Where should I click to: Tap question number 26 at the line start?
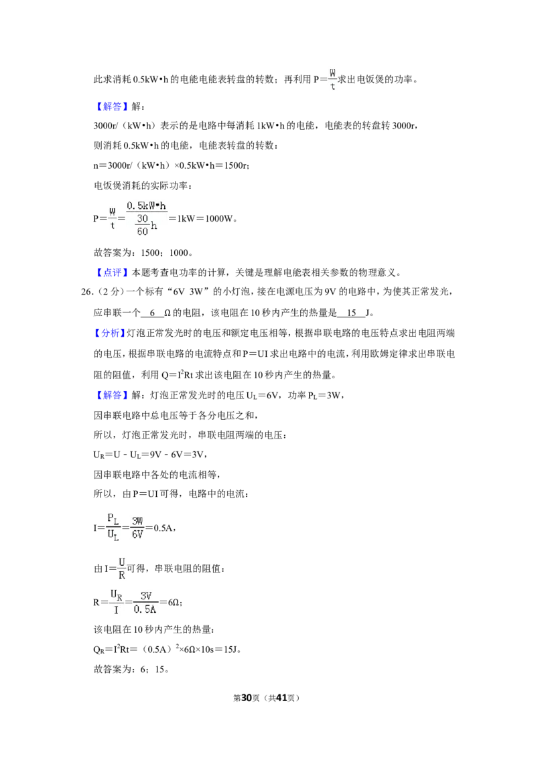pyautogui.click(x=86, y=292)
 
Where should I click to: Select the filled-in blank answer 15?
pyautogui.click(x=352, y=313)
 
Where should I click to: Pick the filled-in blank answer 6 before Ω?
pyautogui.click(x=152, y=313)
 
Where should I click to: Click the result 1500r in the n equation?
pyautogui.click(x=236, y=165)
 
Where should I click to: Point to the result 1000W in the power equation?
pyautogui.click(x=218, y=218)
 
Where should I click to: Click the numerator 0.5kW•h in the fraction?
pyautogui.click(x=147, y=206)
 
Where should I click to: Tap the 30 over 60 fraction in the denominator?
pyautogui.click(x=142, y=225)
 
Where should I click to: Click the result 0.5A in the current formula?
pyautogui.click(x=163, y=528)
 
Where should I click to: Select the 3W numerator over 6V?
pyautogui.click(x=137, y=521)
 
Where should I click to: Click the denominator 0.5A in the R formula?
pyautogui.click(x=145, y=609)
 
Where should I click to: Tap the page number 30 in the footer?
pyautogui.click(x=247, y=698)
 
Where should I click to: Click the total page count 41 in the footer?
pyautogui.click(x=281, y=698)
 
